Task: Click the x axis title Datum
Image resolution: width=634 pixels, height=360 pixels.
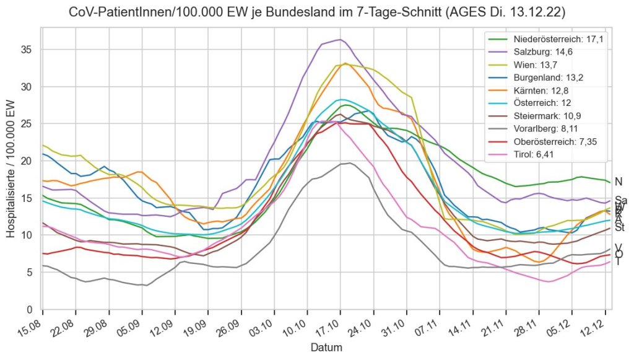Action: click(326, 348)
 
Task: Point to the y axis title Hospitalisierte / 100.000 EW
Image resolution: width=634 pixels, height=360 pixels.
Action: click(11, 167)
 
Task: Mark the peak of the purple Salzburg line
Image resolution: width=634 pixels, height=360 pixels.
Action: click(340, 40)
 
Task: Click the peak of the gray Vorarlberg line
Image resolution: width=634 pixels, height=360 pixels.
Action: click(350, 163)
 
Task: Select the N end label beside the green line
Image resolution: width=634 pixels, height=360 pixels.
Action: click(618, 182)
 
